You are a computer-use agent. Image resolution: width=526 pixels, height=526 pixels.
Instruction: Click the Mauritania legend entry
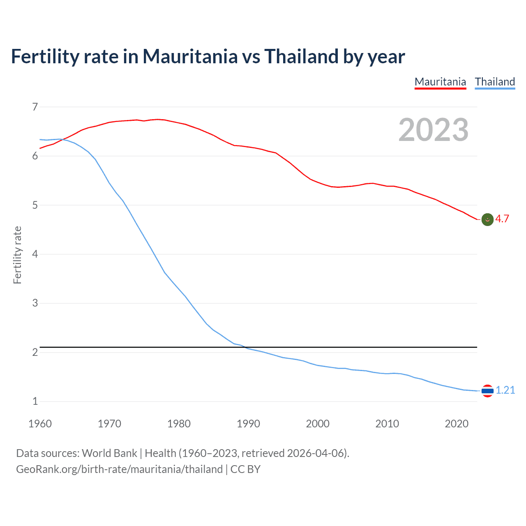(440, 82)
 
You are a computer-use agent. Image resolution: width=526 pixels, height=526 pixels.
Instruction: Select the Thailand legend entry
(495, 82)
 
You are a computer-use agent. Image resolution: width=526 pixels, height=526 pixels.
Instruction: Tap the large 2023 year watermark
(433, 130)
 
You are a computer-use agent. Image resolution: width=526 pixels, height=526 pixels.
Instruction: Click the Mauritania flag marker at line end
(487, 220)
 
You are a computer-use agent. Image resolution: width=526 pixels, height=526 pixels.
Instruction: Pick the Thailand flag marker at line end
(487, 391)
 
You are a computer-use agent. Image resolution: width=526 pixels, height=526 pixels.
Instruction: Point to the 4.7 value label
(502, 219)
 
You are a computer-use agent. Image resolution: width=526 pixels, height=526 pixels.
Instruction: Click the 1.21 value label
(505, 390)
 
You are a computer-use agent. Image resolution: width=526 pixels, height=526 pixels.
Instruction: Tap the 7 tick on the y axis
(35, 107)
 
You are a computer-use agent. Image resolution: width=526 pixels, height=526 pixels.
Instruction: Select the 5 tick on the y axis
(35, 205)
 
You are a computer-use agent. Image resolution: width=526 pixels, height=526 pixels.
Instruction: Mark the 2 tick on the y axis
(35, 353)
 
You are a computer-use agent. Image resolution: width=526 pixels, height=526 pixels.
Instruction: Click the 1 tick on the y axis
(35, 401)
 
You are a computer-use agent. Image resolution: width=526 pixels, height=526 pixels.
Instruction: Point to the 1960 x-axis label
(40, 424)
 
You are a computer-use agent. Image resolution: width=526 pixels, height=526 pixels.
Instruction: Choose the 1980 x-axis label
(179, 424)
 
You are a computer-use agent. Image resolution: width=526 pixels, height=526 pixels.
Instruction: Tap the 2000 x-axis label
(318, 424)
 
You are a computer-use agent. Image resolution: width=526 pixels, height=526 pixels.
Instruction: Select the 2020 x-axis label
(457, 424)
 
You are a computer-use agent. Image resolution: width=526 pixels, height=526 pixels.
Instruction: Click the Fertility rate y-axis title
(17, 255)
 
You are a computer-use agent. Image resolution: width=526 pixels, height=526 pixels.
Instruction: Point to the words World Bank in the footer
(109, 453)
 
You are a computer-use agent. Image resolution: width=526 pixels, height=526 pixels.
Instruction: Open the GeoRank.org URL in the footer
(119, 469)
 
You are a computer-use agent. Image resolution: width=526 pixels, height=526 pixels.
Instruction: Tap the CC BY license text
(245, 469)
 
